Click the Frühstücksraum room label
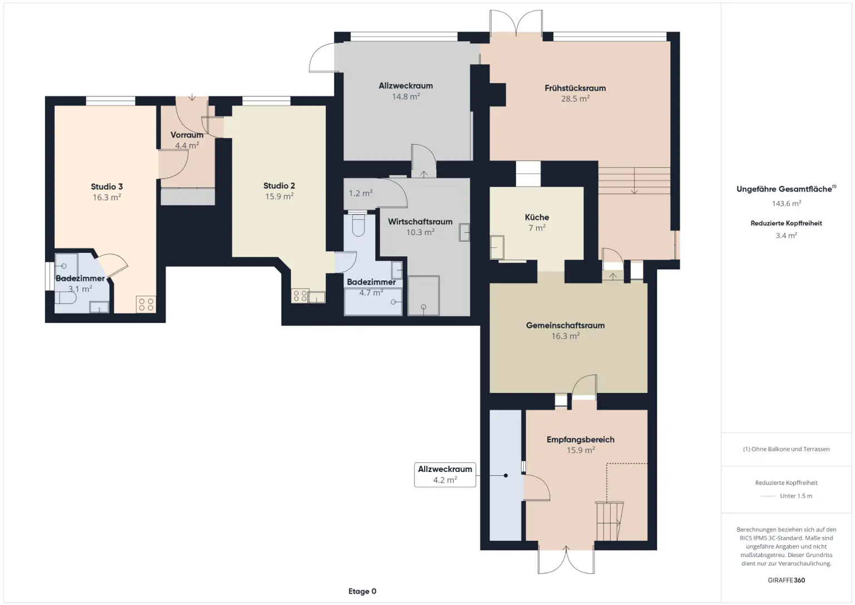tap(575, 88)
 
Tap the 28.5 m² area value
tap(575, 99)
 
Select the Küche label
tap(537, 217)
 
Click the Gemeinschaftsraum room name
tap(565, 325)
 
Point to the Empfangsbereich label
tap(580, 440)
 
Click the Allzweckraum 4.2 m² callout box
tap(445, 475)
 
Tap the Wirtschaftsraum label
tap(420, 222)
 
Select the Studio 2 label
tap(279, 186)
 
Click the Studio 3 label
tap(107, 187)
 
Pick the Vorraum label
tap(186, 135)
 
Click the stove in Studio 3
tap(146, 304)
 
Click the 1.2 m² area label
tap(360, 193)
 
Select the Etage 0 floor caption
tap(362, 591)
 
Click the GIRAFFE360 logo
tap(786, 580)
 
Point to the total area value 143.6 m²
tap(786, 203)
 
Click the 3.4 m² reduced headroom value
tap(786, 236)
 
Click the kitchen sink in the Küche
tap(497, 247)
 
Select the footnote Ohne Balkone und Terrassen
tap(786, 449)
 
